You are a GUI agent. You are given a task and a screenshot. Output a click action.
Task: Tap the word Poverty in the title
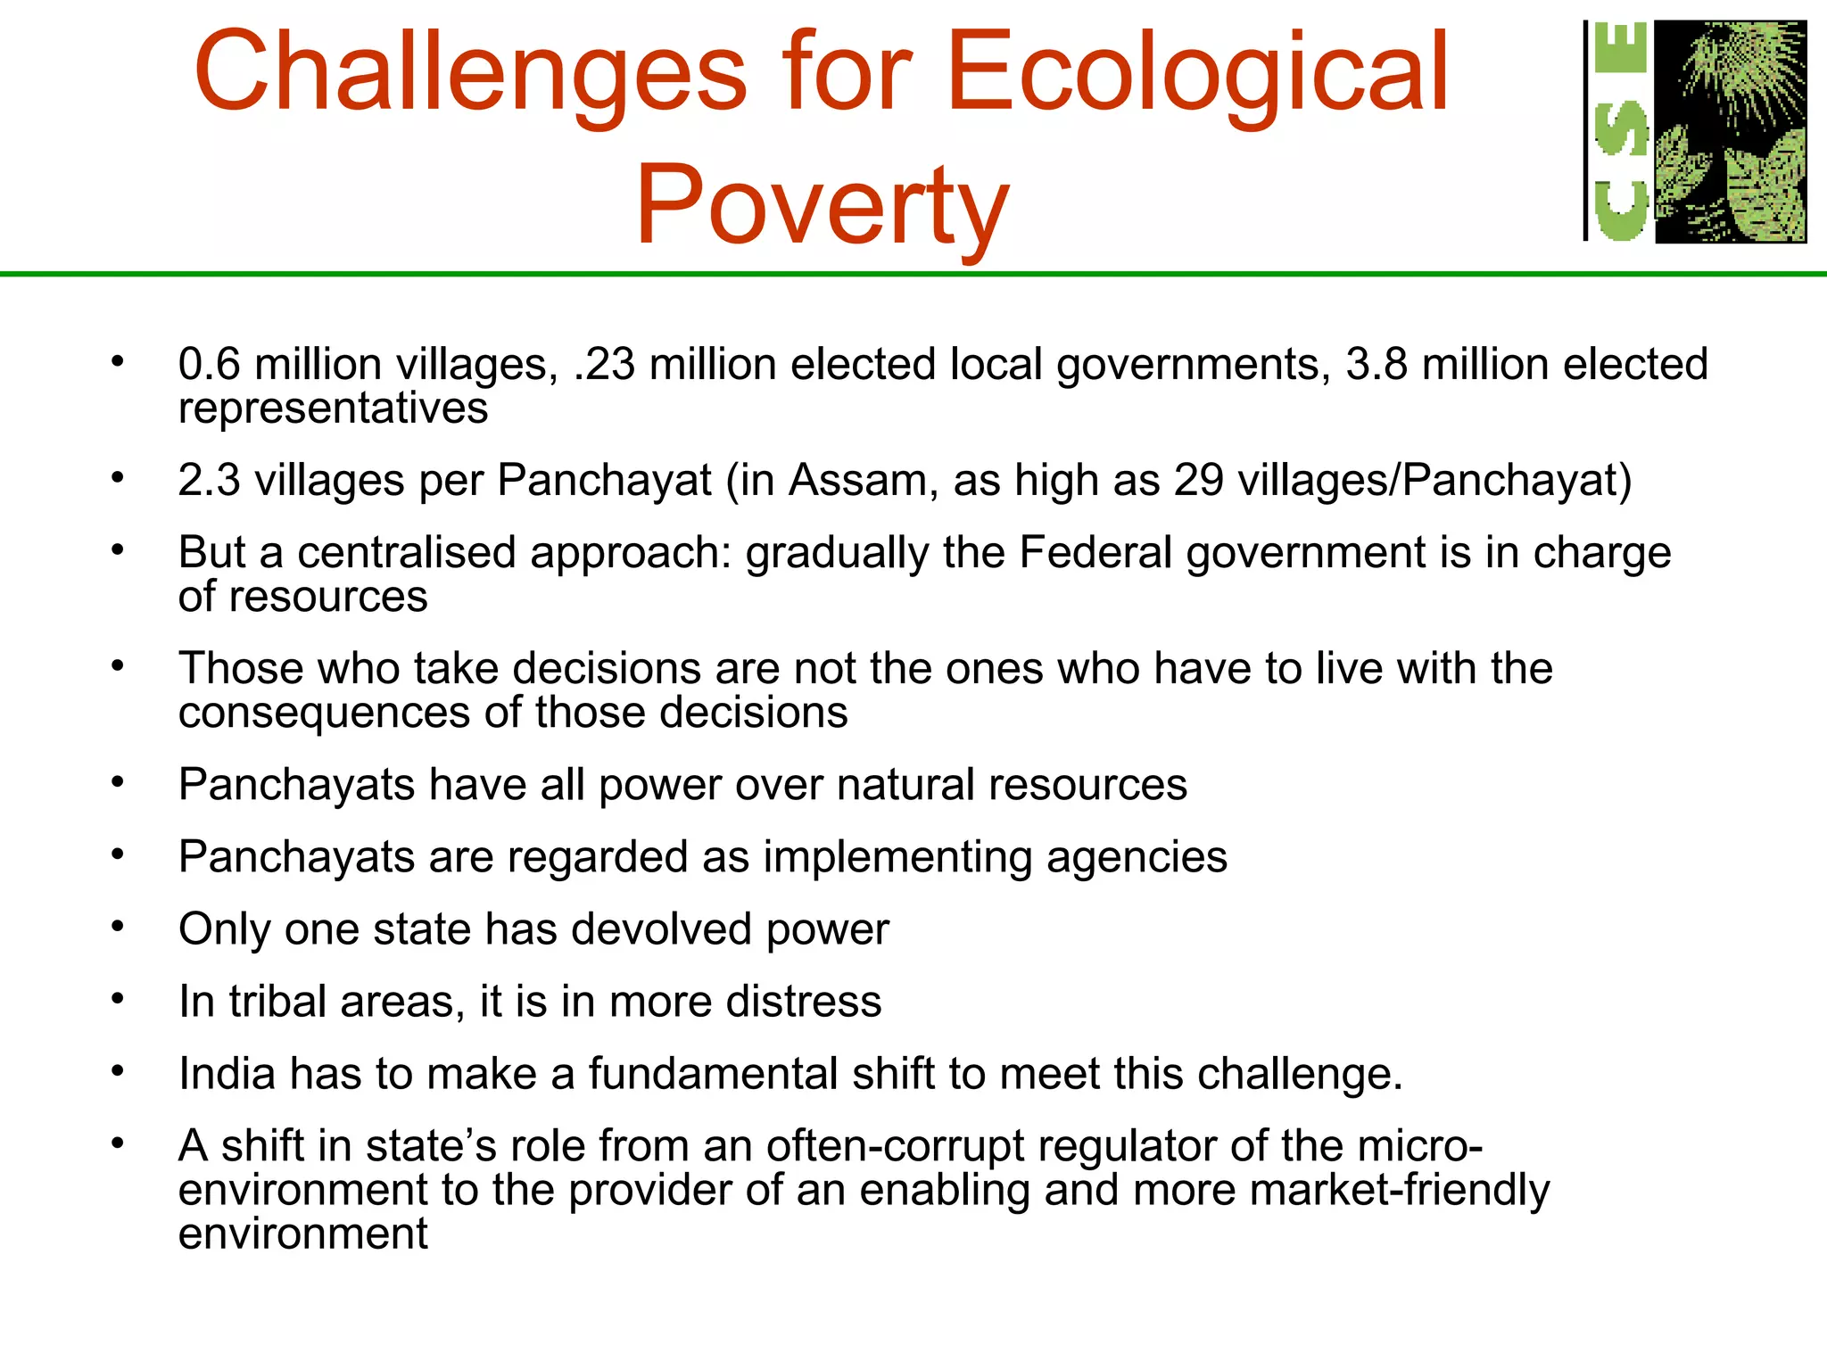pos(822,205)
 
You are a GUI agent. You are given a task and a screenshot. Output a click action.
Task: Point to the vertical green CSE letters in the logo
pos(1619,131)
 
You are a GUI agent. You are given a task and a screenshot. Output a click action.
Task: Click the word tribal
pos(277,1002)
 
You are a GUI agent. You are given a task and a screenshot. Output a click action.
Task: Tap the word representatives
pos(333,409)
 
